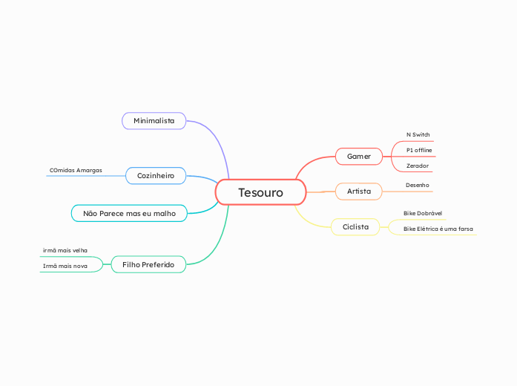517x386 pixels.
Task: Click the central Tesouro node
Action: pos(260,193)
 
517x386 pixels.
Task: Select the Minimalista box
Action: pos(154,120)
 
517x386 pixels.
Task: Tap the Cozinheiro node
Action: pos(156,176)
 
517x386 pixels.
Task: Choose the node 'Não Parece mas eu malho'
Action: pos(129,213)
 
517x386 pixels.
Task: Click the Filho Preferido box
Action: pos(148,264)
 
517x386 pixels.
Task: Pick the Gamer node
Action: pos(358,157)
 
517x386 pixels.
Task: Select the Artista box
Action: pos(358,192)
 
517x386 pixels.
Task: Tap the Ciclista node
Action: pos(355,226)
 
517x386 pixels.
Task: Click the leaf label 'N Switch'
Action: pos(418,134)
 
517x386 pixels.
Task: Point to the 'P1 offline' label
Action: pos(418,150)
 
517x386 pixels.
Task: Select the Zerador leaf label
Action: pos(417,166)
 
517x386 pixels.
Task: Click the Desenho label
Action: pos(417,184)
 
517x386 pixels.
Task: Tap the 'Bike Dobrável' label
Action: pos(422,213)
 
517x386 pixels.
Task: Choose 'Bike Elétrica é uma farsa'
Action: pos(438,229)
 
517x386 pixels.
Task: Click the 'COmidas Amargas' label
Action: pos(76,170)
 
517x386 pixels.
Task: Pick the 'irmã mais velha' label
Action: pos(65,250)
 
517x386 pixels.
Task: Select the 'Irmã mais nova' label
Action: pos(65,265)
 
